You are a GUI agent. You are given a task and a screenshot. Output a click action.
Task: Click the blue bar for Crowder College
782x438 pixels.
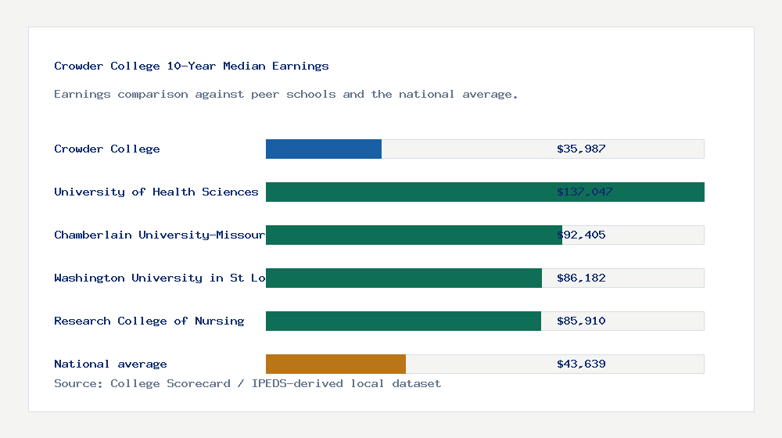(x=324, y=149)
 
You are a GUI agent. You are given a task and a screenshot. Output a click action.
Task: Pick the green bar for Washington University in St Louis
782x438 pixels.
(x=404, y=278)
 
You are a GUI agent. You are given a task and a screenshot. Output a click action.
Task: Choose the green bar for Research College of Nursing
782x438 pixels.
(x=404, y=321)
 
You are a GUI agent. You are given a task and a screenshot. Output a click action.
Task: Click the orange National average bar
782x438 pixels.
(x=335, y=364)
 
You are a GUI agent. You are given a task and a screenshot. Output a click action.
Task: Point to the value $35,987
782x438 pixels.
(x=581, y=149)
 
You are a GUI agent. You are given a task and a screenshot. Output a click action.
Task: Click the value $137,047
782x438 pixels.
(x=584, y=192)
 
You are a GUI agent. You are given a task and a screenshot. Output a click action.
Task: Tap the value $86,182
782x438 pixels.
(x=581, y=278)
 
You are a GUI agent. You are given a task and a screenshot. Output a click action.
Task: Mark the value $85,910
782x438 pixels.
(x=581, y=321)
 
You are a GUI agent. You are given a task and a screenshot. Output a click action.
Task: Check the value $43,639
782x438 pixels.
(x=581, y=364)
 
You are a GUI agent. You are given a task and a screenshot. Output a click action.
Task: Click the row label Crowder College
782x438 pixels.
(x=107, y=149)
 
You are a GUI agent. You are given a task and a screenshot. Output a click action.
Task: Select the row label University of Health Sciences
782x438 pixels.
(x=156, y=192)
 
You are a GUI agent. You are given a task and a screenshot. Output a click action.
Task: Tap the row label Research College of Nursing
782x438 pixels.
(x=149, y=321)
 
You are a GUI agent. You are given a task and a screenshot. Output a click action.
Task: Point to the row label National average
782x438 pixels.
(x=110, y=364)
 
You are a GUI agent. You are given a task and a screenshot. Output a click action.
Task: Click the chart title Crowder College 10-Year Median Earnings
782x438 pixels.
(x=192, y=66)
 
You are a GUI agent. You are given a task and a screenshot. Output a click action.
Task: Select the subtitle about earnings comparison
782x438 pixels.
(x=286, y=94)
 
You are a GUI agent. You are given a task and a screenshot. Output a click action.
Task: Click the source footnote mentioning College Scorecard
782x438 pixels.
(x=247, y=383)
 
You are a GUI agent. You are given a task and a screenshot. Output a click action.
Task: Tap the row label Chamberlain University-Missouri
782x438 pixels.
(x=160, y=235)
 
